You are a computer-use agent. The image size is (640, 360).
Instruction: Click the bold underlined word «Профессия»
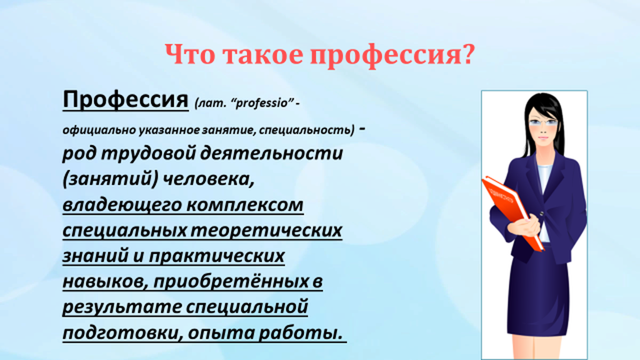coord(125,99)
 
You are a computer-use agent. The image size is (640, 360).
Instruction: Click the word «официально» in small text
coord(99,130)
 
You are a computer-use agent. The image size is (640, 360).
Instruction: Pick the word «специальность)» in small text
coord(306,130)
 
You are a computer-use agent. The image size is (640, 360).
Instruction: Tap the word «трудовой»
coord(149,154)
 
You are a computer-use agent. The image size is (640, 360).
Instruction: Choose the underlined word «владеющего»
coord(122,205)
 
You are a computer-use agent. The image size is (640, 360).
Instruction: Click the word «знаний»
coord(95,256)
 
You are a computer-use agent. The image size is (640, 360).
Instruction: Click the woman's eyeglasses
coord(543,122)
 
